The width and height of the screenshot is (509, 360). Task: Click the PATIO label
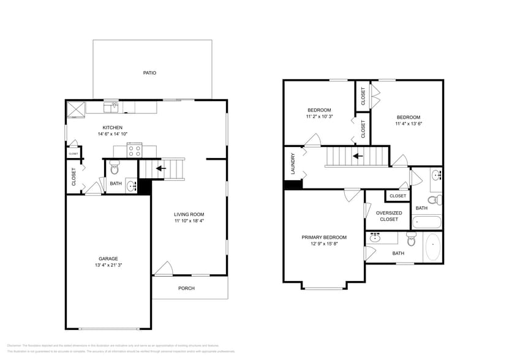click(x=149, y=73)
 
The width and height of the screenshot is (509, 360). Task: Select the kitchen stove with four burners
click(x=134, y=149)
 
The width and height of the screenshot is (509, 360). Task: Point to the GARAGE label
click(x=108, y=258)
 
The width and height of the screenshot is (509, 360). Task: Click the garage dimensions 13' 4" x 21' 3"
click(x=108, y=265)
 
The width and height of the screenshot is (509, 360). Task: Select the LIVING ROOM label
click(x=189, y=214)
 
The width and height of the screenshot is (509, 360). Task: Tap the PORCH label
click(x=186, y=288)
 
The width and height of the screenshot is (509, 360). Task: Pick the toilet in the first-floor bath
click(x=115, y=168)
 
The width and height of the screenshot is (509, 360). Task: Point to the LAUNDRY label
click(x=293, y=164)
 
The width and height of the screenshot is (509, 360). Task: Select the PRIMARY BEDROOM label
click(x=323, y=238)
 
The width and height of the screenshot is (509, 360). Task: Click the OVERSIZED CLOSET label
click(x=389, y=216)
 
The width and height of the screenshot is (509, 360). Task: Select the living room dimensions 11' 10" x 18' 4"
click(x=189, y=221)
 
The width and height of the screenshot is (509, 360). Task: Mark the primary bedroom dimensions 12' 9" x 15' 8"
click(x=323, y=244)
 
